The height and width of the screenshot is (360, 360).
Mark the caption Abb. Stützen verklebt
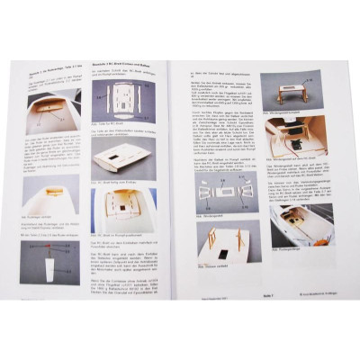(216, 269)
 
